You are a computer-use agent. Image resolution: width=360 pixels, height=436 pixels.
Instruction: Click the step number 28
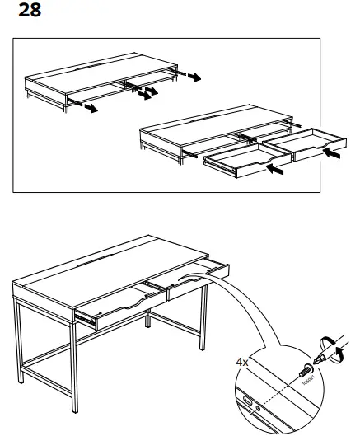pos(28,12)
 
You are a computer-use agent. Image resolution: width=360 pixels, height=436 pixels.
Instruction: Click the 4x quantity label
pos(241,360)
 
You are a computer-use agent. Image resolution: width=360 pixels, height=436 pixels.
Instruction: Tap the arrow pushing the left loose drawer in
pos(278,172)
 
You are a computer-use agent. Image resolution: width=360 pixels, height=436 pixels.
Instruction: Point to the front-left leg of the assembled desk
pos(20,354)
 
